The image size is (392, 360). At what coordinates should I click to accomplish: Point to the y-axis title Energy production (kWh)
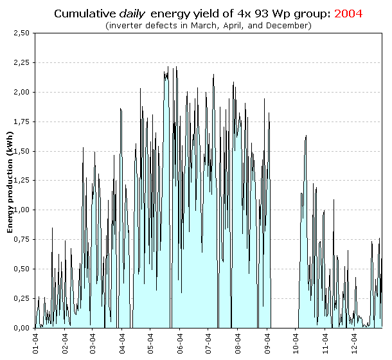(x=10, y=185)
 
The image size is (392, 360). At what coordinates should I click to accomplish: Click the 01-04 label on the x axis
(x=36, y=342)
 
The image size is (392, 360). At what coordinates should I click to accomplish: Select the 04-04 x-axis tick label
(x=123, y=342)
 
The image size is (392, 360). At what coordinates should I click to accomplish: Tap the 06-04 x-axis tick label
(x=181, y=342)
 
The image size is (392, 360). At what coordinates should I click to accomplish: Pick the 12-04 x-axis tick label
(x=355, y=342)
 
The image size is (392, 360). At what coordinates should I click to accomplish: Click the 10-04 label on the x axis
(x=297, y=342)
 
